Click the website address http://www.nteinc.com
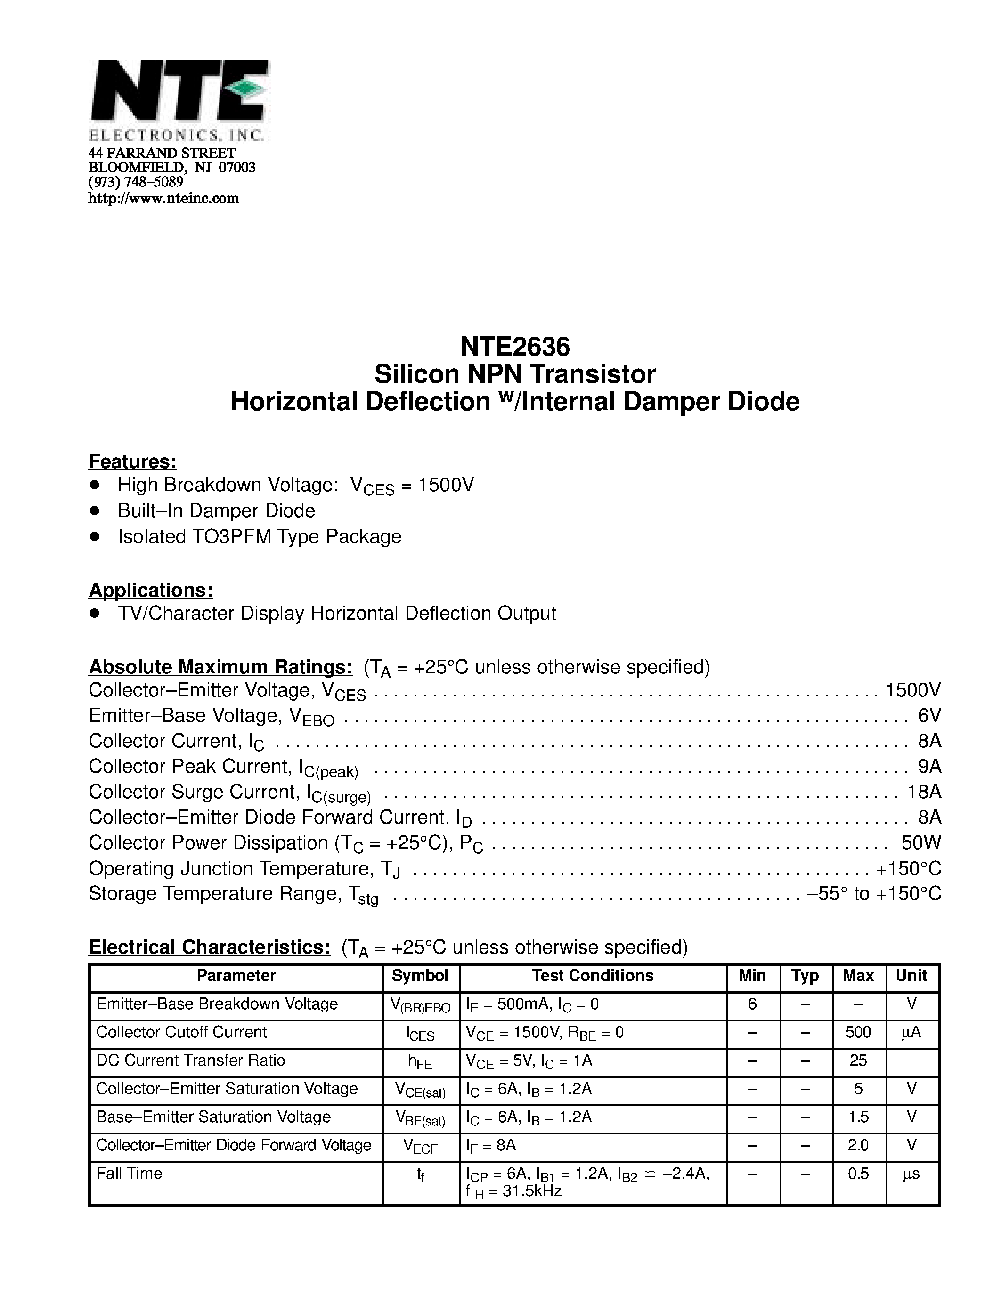163,199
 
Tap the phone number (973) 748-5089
136,183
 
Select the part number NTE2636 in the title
515,346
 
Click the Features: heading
132,461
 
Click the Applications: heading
151,590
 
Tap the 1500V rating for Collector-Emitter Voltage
912,690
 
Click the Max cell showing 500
858,1032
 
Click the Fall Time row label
129,1174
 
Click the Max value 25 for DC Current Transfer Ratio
858,1060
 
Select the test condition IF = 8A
491,1146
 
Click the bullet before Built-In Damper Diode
94,510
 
